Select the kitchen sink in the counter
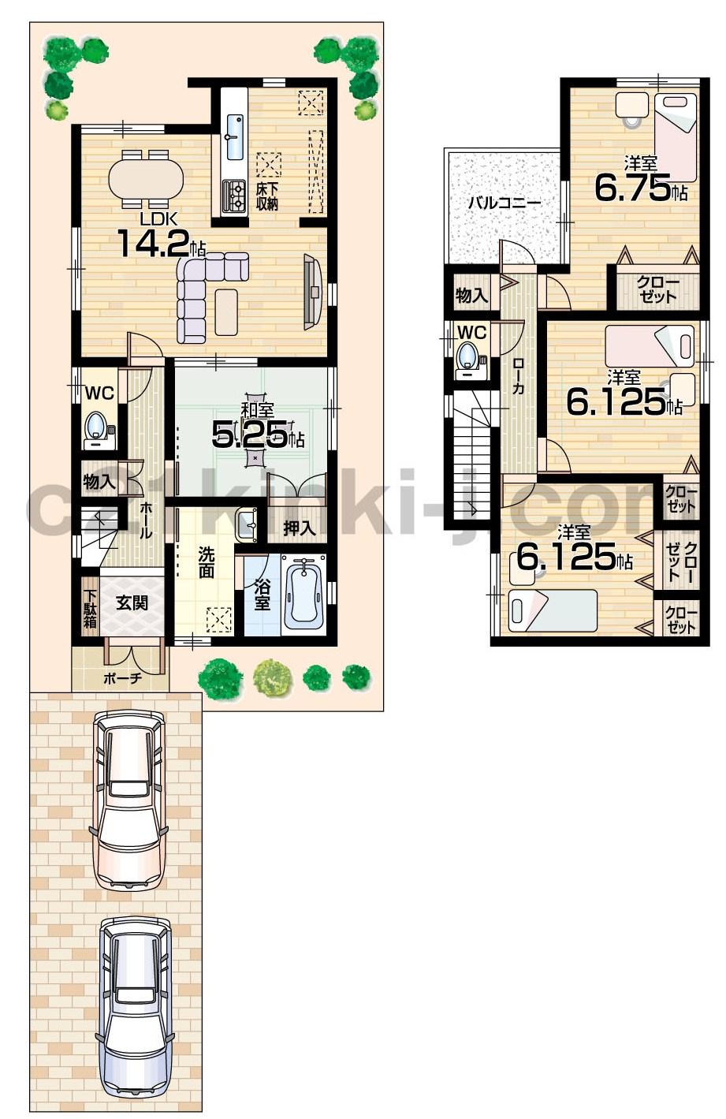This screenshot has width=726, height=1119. click(235, 136)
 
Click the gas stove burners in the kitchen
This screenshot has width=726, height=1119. click(234, 196)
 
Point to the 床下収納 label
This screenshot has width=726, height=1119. click(267, 196)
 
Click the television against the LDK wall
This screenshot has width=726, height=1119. click(311, 292)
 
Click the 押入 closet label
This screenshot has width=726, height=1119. click(300, 528)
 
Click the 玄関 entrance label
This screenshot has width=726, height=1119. click(131, 603)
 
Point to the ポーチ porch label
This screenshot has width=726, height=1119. click(122, 678)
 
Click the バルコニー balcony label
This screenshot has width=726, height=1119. click(504, 203)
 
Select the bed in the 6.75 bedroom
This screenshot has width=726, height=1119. click(676, 136)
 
